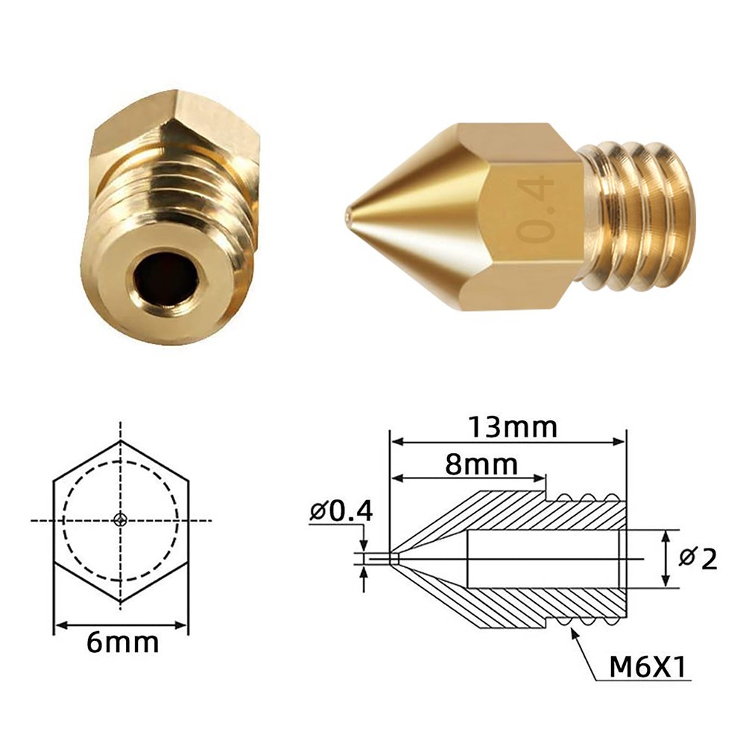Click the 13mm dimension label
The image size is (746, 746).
coord(513,427)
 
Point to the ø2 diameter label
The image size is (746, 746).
coord(699,558)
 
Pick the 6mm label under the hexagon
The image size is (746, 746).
coord(122,642)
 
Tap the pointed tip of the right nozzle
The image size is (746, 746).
coord(349,217)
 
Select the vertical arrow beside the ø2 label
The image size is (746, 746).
coord(666,559)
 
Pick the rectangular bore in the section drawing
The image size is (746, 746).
coord(544,559)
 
